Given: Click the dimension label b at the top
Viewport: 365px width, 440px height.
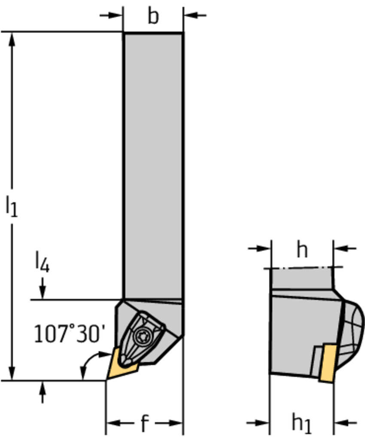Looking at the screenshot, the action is tap(153, 16).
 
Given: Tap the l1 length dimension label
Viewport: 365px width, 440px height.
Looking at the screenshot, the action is tap(12, 206).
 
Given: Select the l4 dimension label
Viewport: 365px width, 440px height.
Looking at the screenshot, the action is tap(43, 262).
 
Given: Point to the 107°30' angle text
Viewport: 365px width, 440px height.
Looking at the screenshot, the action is tap(70, 333).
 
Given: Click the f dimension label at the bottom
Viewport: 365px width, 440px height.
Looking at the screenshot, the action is tap(144, 423).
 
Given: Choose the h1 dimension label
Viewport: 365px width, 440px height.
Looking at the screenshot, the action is tap(301, 423).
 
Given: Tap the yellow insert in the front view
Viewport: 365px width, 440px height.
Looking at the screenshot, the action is tap(121, 364).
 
